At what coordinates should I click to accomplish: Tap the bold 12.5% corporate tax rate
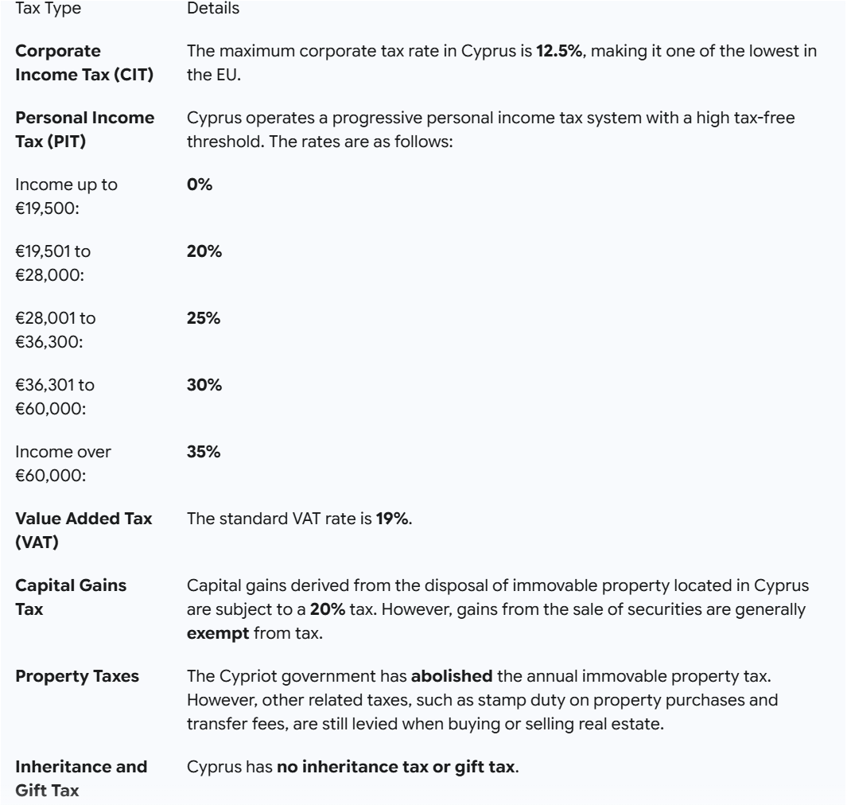(559, 52)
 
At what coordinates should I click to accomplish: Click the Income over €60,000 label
(64, 463)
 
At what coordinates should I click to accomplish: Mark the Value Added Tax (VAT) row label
(84, 530)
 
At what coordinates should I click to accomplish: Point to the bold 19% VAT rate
(392, 519)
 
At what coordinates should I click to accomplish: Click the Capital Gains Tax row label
(72, 597)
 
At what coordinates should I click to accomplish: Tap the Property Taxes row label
(78, 676)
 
